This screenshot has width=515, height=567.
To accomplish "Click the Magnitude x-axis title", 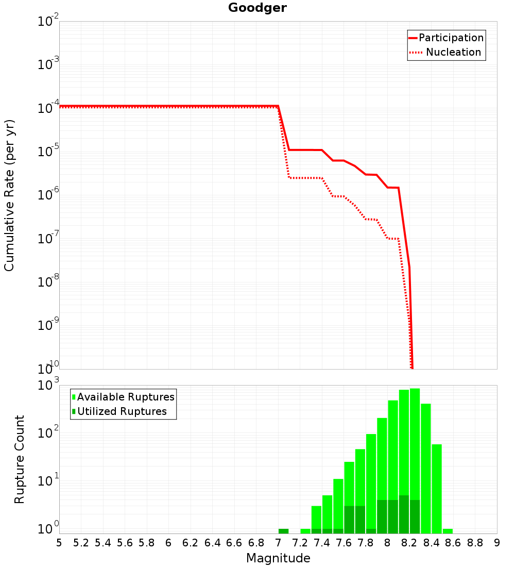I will click(x=278, y=558).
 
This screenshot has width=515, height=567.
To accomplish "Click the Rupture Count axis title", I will click(x=20, y=459).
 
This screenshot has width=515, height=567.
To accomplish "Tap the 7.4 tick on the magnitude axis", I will click(x=322, y=543).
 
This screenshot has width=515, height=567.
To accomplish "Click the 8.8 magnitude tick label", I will click(x=475, y=543).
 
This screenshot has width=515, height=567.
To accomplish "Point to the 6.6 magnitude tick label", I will click(x=234, y=543).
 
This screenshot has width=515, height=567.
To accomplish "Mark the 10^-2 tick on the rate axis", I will click(x=48, y=22).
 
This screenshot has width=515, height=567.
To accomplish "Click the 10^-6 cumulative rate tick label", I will click(x=48, y=195).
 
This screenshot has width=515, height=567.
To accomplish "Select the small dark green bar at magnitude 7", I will click(x=283, y=531).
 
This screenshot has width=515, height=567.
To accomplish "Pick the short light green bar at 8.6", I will click(x=448, y=531).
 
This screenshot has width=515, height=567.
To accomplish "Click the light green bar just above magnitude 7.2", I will click(x=305, y=531).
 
